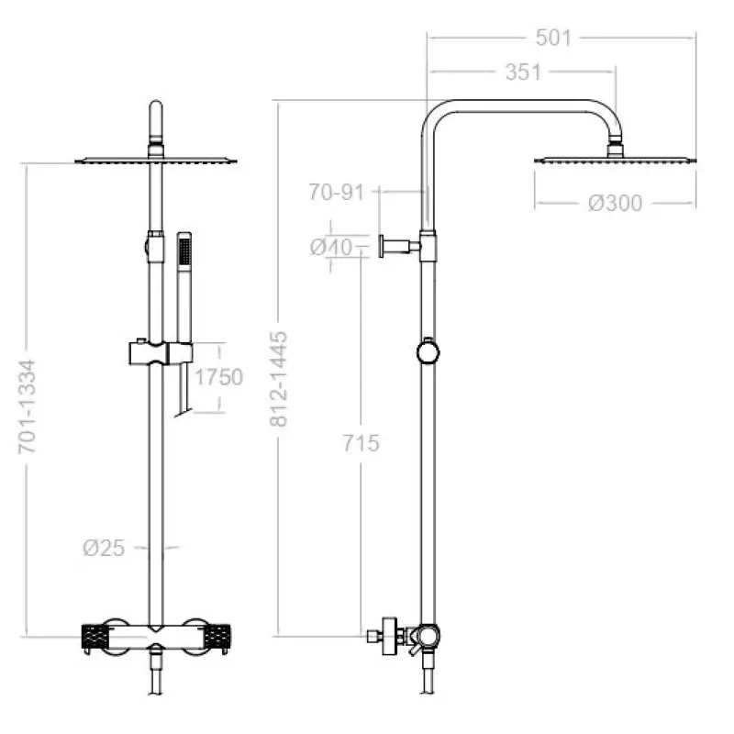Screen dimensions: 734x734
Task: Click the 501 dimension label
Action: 553,38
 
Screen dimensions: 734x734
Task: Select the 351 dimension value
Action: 523,72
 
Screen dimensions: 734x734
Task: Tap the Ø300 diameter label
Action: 615,203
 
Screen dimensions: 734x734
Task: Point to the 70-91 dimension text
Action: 336,192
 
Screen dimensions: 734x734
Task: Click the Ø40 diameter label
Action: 331,247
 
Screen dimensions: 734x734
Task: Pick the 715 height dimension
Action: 361,443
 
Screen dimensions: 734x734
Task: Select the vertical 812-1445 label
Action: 278,379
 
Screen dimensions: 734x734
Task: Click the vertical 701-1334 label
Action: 28,406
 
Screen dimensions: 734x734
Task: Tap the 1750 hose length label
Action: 218,377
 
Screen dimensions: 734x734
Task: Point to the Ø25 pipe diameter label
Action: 104,548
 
